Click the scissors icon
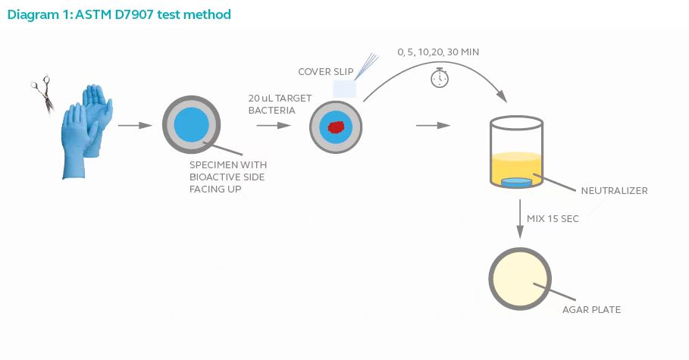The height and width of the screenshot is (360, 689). point(42,93)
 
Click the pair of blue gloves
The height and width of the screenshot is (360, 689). point(87,131)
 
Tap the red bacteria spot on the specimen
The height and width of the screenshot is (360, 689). point(336,127)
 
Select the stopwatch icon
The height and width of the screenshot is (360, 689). point(440,78)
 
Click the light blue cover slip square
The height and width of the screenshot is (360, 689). point(344,89)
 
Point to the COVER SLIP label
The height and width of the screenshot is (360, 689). point(326,72)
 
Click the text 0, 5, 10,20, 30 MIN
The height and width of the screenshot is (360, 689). point(438,52)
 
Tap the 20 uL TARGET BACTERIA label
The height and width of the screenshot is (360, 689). point(280,104)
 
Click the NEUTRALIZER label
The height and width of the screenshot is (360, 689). point(614,191)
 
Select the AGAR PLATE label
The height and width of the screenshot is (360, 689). point(591,309)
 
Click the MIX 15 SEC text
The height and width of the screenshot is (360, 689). point(553,218)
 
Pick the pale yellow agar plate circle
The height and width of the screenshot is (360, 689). point(520,279)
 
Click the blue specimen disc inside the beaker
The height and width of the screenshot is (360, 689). point(517,182)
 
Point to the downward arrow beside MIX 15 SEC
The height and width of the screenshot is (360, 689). point(520,219)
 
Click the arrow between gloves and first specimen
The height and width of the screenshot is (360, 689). point(135,125)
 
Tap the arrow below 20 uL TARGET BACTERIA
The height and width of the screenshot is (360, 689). point(274,125)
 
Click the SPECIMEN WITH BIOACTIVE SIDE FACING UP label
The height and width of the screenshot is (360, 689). point(228,177)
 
